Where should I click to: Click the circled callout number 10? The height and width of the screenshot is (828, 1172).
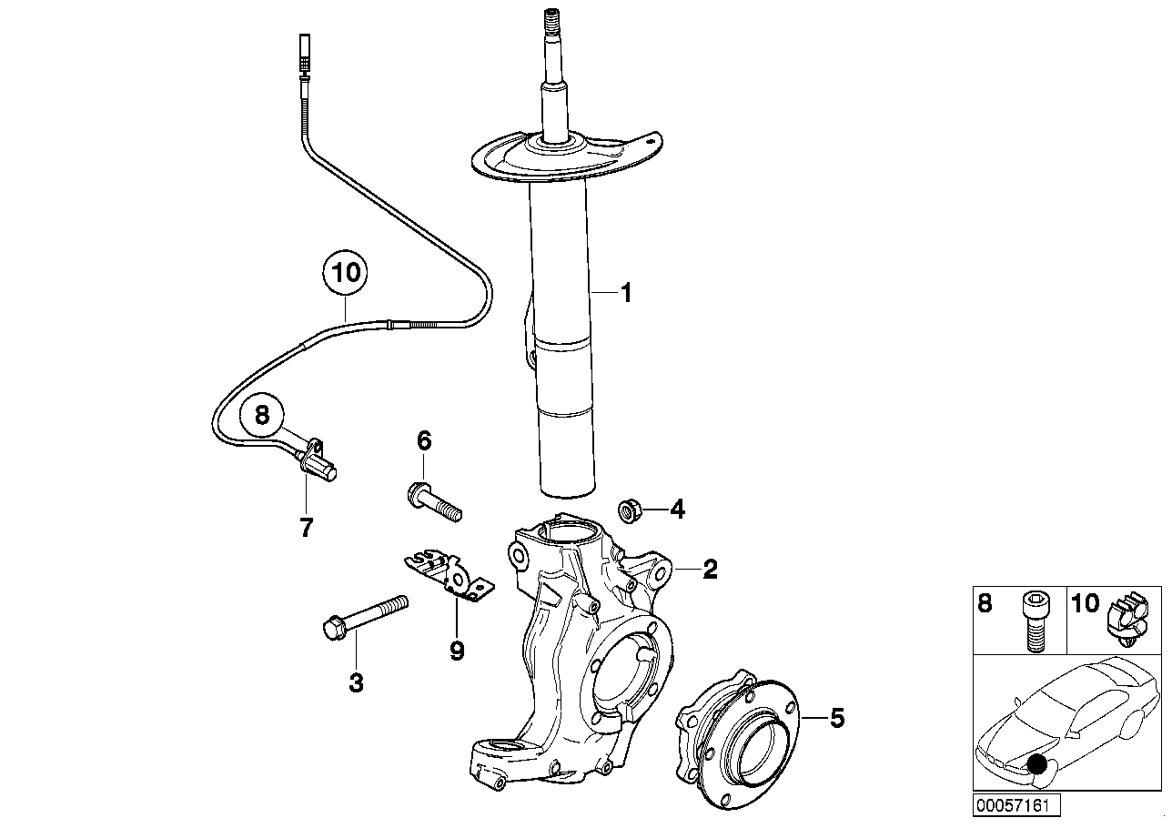(346, 273)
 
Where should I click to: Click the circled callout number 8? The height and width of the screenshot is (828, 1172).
(262, 416)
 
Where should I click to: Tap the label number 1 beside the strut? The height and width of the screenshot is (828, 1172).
(625, 292)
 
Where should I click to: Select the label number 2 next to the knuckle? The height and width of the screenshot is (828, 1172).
(710, 571)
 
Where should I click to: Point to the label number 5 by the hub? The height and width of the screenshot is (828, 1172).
(836, 719)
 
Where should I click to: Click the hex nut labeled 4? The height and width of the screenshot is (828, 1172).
(628, 510)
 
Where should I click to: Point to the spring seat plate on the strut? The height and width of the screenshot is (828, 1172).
(564, 159)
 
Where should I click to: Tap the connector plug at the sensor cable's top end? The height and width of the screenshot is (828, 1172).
(304, 55)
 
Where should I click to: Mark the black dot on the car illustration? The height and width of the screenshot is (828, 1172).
(1036, 766)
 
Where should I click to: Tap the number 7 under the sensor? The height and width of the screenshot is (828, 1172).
(306, 528)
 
